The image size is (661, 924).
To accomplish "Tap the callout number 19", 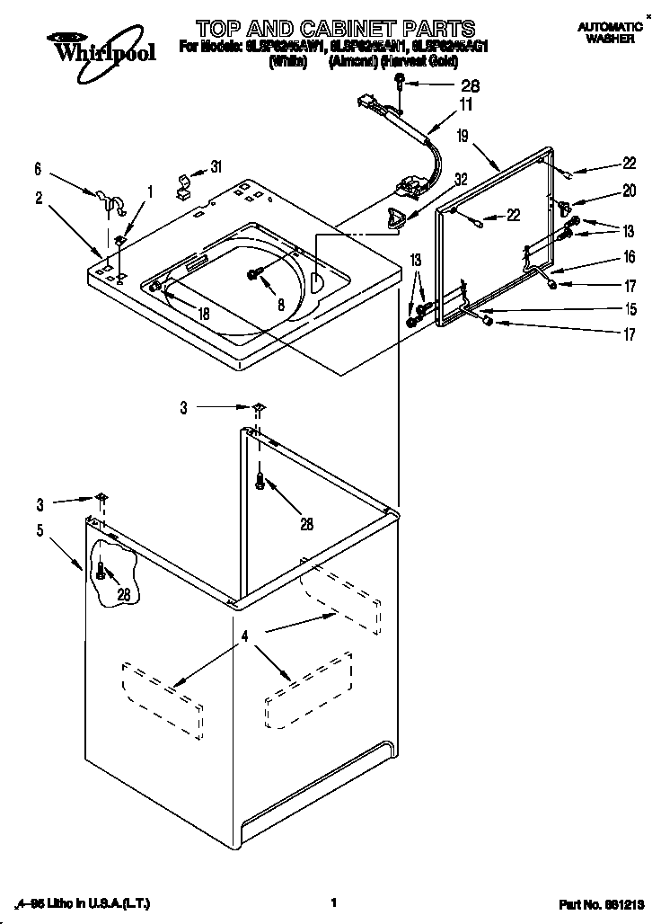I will [x=462, y=137].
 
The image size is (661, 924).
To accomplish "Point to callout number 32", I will [x=461, y=179].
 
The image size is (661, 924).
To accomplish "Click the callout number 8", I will [x=281, y=305].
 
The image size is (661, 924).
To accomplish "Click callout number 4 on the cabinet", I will [x=243, y=637].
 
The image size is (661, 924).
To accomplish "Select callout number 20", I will [x=629, y=190].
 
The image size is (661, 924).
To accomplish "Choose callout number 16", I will [x=629, y=257].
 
